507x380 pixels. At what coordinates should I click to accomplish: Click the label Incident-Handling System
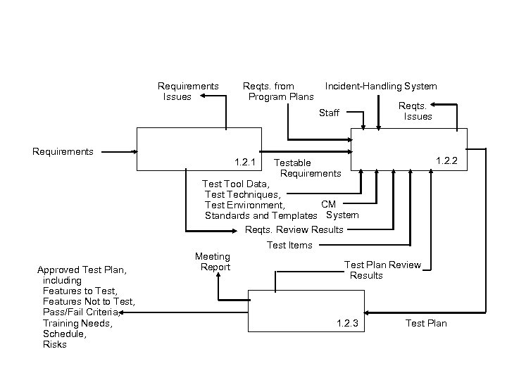click(x=380, y=87)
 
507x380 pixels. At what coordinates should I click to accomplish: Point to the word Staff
click(x=329, y=113)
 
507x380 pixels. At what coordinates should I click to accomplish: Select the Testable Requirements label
click(x=307, y=168)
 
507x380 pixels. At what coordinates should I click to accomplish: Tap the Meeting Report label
click(x=212, y=262)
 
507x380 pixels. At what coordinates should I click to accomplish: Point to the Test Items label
click(x=289, y=245)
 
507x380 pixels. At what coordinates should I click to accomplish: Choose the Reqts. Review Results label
click(x=294, y=229)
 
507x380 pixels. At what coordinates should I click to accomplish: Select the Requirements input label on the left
click(x=63, y=151)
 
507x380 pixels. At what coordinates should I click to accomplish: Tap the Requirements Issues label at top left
click(x=187, y=91)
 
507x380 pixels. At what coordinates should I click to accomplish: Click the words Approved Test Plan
click(x=82, y=270)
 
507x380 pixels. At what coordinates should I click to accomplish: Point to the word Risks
click(x=55, y=344)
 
